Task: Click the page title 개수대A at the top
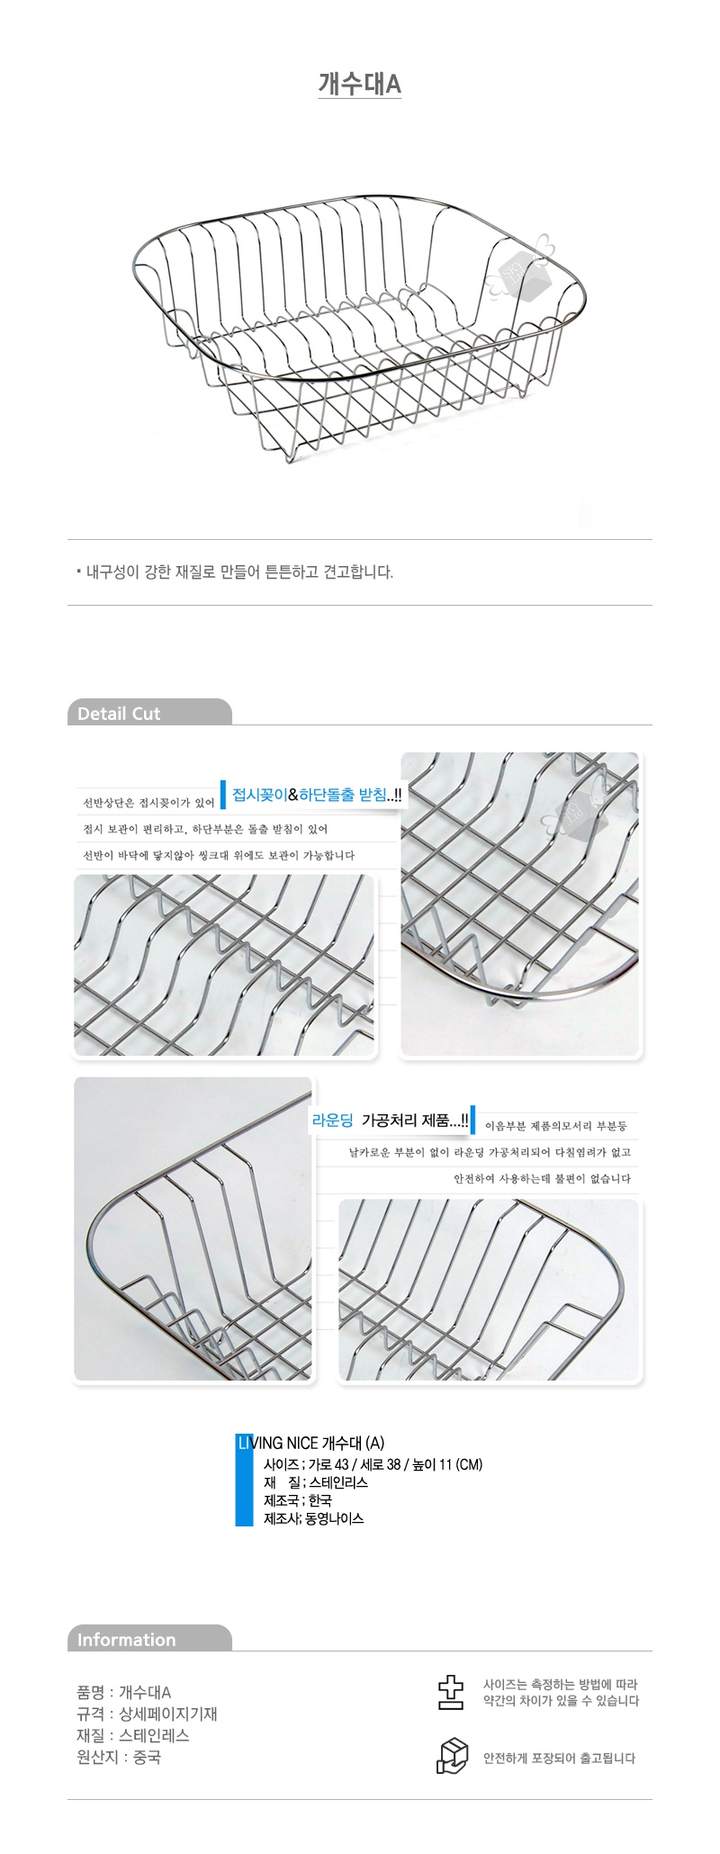click(x=359, y=84)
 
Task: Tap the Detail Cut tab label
click(x=119, y=714)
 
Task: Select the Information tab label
click(x=126, y=1640)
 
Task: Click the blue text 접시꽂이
click(x=259, y=795)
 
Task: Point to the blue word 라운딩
click(x=332, y=1120)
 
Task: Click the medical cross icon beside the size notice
click(x=450, y=1692)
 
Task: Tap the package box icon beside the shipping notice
click(x=452, y=1756)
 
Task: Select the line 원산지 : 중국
click(x=119, y=1757)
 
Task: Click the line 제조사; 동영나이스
click(x=314, y=1518)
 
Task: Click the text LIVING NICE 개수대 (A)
click(x=311, y=1443)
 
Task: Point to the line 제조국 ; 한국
click(x=298, y=1500)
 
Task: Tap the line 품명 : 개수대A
click(x=124, y=1692)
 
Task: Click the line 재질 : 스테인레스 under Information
click(x=133, y=1735)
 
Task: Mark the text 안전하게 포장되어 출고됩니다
click(x=559, y=1758)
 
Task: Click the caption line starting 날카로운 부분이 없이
click(x=490, y=1152)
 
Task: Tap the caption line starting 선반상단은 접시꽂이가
click(x=148, y=803)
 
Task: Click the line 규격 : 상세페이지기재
click(x=148, y=1714)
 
